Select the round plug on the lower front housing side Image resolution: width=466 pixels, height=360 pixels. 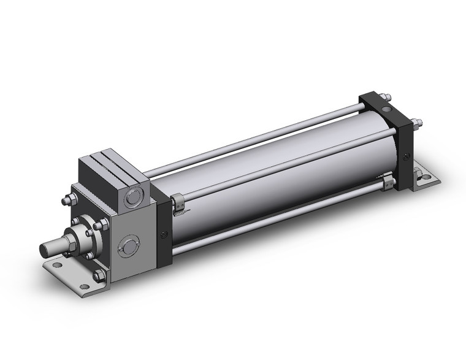pyautogui.click(x=128, y=247)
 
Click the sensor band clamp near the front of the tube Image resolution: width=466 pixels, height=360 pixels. pyautogui.click(x=176, y=203)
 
